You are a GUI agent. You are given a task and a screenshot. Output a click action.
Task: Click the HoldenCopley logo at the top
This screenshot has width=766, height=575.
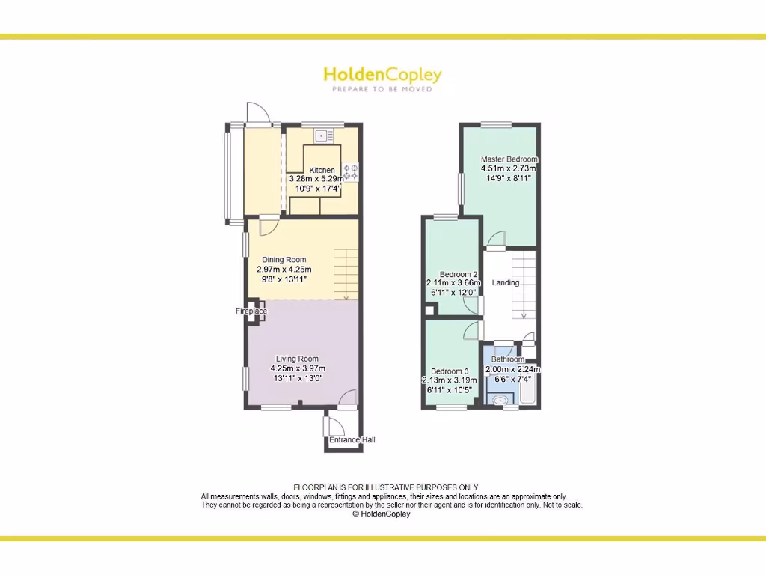(382, 74)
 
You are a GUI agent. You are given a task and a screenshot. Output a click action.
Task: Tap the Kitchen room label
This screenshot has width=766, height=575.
(322, 170)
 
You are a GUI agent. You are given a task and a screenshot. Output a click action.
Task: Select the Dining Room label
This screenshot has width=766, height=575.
(284, 260)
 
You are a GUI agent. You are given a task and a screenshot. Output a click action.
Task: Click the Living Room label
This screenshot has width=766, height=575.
(297, 359)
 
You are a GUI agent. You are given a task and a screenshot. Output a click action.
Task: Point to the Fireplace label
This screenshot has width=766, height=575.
(251, 311)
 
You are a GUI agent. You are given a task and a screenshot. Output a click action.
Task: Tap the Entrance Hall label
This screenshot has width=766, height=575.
(352, 439)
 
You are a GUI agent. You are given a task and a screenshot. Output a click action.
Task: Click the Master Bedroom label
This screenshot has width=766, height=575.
(509, 159)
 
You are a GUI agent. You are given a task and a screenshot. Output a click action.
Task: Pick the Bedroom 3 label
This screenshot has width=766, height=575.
(450, 371)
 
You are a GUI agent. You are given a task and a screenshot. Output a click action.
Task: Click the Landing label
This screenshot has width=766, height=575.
(505, 282)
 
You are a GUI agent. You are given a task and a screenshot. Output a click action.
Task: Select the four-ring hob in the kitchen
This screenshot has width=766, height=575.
(350, 171)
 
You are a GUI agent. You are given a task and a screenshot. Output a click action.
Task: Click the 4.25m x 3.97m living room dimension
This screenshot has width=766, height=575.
(297, 368)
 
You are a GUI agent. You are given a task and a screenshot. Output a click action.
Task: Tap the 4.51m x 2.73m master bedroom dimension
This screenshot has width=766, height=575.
(509, 168)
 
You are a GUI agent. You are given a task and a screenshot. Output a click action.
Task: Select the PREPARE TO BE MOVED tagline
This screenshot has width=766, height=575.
(382, 89)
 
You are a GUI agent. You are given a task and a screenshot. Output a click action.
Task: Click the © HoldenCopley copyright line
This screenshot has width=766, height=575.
(382, 514)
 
